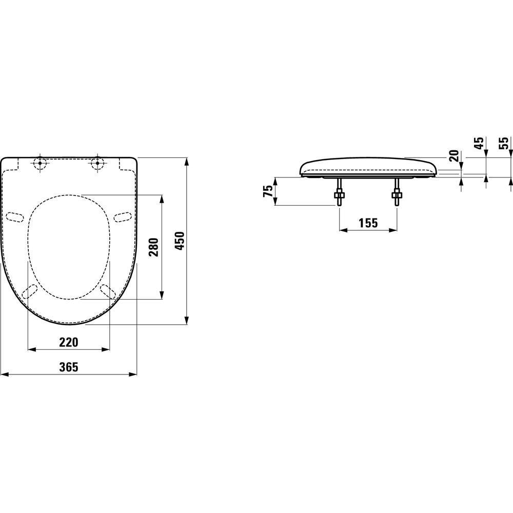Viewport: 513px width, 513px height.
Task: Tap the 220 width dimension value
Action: [x=69, y=342]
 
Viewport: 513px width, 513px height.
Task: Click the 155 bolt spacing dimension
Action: [x=368, y=223]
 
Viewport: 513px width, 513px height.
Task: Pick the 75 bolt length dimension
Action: [x=267, y=191]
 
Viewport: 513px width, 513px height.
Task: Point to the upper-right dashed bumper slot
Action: [x=122, y=217]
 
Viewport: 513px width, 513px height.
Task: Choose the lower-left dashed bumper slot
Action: [x=30, y=291]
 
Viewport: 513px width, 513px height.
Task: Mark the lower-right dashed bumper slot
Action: [x=108, y=291]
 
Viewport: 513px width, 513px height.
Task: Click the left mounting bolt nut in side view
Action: [x=339, y=195]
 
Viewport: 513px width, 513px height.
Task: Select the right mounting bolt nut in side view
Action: [x=396, y=195]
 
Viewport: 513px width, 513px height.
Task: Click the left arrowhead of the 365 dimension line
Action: [x=4, y=374]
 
